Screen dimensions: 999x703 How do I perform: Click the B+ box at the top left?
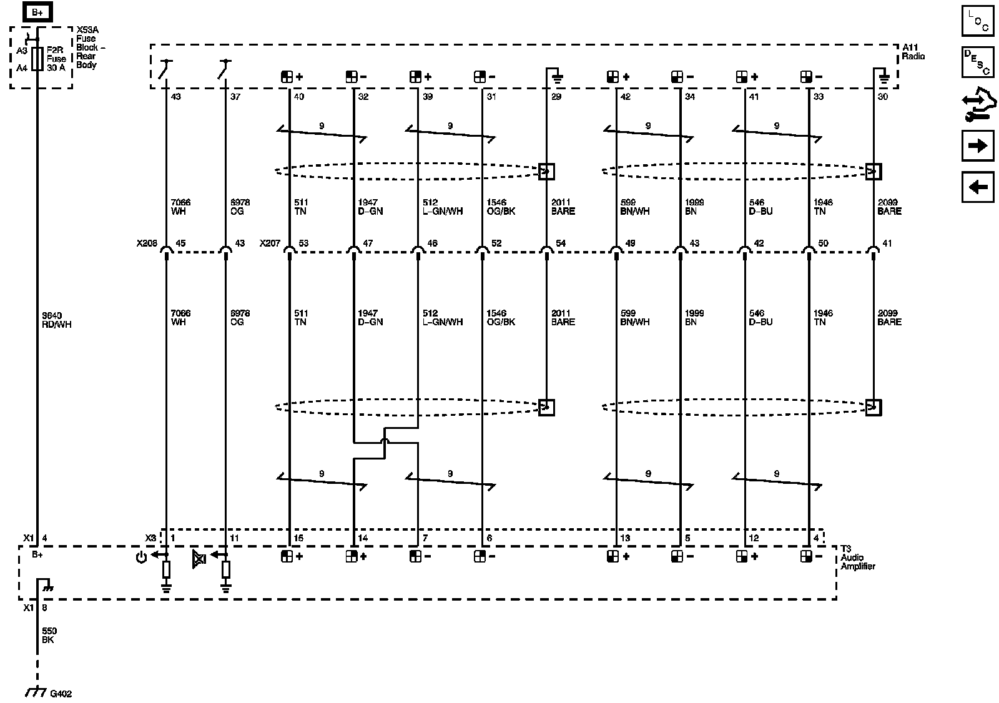click(x=37, y=12)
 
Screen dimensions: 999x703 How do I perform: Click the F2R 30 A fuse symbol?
click(x=37, y=59)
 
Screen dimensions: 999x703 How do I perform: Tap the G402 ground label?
click(x=61, y=694)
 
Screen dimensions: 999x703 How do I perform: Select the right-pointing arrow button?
click(x=977, y=146)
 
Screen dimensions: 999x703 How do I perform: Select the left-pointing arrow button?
click(x=977, y=187)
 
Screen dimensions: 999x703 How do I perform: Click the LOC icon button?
click(x=977, y=21)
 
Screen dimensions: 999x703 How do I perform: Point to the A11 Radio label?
click(x=913, y=52)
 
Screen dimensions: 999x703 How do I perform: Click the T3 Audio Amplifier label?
click(x=857, y=558)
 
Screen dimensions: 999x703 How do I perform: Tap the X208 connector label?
click(x=147, y=243)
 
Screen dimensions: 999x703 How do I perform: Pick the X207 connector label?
click(x=270, y=243)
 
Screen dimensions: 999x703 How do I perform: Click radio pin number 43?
click(x=176, y=97)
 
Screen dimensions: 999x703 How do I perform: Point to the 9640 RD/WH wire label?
click(x=56, y=320)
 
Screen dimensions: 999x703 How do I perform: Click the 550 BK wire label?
click(x=49, y=636)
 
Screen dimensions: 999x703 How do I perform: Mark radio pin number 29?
click(x=556, y=97)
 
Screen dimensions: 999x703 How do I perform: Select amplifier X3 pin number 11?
click(x=234, y=538)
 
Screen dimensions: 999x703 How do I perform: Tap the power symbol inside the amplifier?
click(x=141, y=557)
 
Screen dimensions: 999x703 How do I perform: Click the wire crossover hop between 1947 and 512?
click(x=385, y=443)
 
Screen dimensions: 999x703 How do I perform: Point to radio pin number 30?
click(x=882, y=97)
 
